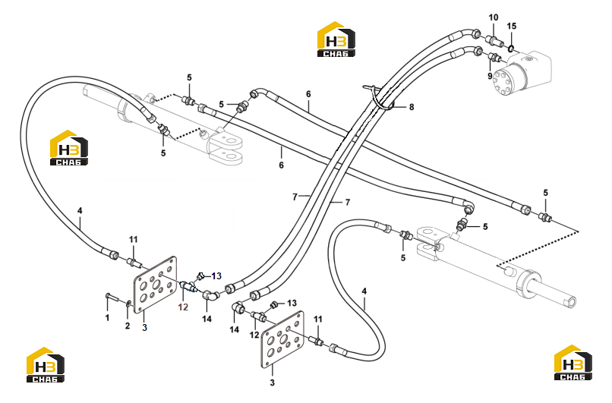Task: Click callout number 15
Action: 511,26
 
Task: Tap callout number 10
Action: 494,17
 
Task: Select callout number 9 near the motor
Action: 490,76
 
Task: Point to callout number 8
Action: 412,107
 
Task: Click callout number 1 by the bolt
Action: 107,318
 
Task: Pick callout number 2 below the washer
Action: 128,326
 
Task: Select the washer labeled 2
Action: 128,304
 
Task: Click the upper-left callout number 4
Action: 80,211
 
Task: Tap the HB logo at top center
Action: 336,39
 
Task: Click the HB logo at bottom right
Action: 573,363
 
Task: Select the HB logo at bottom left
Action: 46,365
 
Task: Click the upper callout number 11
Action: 134,240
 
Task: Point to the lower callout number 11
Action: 318,319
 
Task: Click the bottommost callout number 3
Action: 272,383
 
